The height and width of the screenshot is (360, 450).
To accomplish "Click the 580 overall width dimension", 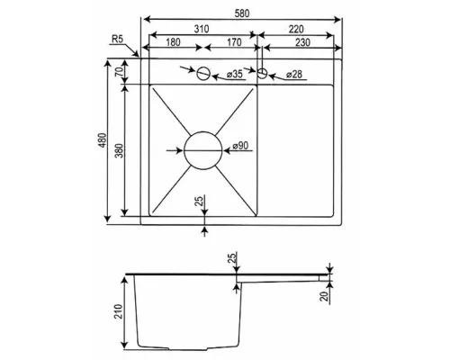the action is [x=242, y=13].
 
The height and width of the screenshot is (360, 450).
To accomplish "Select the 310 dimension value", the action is [x=202, y=29].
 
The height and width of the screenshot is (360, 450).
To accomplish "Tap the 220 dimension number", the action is [x=296, y=29].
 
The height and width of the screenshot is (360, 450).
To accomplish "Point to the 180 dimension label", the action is [x=173, y=42].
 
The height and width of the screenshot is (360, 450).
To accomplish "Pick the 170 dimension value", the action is [x=234, y=42].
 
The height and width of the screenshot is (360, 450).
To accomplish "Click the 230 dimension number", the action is [x=302, y=42].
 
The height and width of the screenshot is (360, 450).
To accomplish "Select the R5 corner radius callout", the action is [x=117, y=39].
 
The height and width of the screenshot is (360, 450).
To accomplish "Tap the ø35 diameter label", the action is [x=235, y=74].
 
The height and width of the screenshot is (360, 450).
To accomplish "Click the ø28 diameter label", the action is [x=294, y=74].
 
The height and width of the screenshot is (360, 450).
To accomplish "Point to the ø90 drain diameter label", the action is [x=240, y=146].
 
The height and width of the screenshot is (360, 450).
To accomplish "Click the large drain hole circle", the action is [x=203, y=131].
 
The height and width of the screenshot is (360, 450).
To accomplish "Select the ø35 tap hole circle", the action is [x=203, y=67].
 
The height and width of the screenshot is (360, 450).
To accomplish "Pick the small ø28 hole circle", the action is [x=263, y=68].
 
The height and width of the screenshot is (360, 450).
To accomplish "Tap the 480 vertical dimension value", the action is [x=103, y=140].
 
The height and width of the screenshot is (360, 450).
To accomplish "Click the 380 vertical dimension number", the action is [x=120, y=151].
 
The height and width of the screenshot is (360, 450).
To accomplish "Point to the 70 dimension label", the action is [x=119, y=72].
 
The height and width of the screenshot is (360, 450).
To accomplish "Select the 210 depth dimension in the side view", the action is [x=119, y=311].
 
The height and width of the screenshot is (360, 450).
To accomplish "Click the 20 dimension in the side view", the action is [x=323, y=297].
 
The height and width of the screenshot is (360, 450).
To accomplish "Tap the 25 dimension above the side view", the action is [x=233, y=257].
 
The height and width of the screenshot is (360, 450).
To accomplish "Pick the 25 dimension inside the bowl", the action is [x=199, y=201].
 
